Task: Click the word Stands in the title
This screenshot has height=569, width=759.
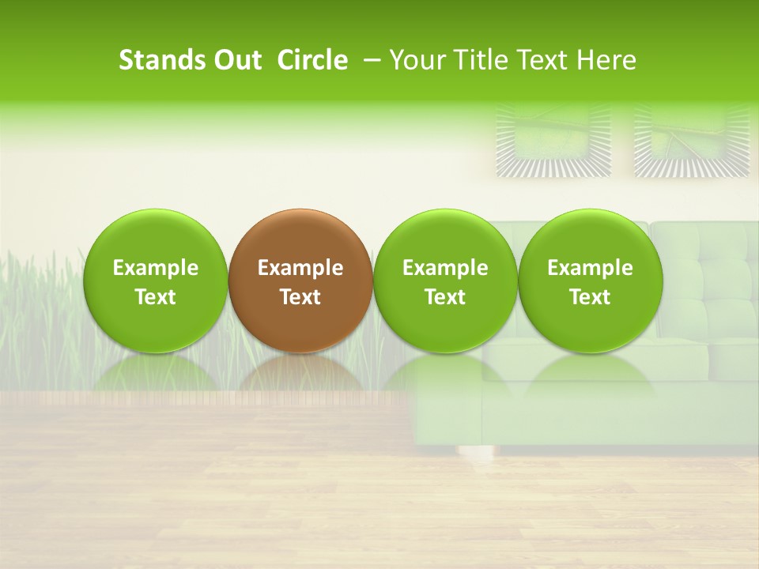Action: click(x=160, y=60)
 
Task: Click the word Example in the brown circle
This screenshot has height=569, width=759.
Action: click(x=300, y=268)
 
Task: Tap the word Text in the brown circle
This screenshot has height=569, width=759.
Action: click(x=300, y=297)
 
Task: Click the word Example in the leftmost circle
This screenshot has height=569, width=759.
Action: click(x=155, y=268)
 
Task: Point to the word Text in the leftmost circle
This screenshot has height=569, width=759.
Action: click(x=155, y=297)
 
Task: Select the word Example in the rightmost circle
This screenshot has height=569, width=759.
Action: click(x=590, y=268)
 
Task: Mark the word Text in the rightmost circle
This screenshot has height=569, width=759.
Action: click(x=590, y=297)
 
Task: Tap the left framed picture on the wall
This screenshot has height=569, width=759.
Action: click(x=553, y=141)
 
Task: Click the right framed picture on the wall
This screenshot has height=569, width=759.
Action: click(x=692, y=141)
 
